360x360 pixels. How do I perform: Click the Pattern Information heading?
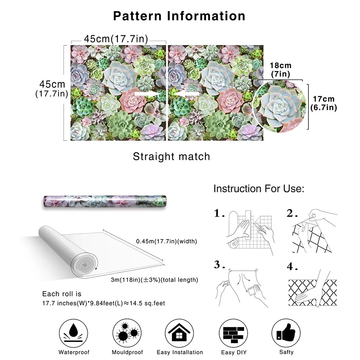(x=179, y=16)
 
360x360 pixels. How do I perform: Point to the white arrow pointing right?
(x=147, y=94)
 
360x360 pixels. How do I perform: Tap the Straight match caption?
(x=171, y=157)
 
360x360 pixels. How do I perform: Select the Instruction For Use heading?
(x=259, y=189)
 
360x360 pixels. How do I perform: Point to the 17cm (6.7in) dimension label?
(x=324, y=103)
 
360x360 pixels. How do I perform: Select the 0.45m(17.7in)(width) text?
(x=167, y=241)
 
